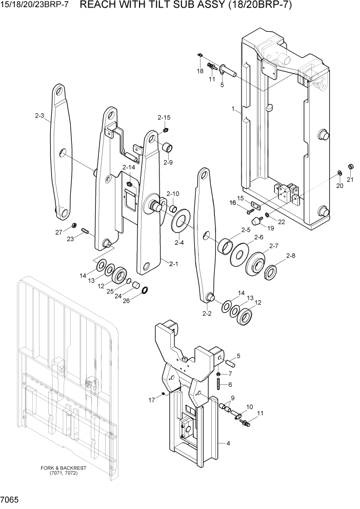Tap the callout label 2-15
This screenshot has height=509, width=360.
[164, 118]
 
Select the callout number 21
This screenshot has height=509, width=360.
[350, 180]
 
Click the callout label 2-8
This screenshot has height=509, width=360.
[291, 256]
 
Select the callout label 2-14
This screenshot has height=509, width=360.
[129, 167]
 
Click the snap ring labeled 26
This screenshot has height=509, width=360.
[145, 291]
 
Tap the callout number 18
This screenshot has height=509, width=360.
[200, 71]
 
